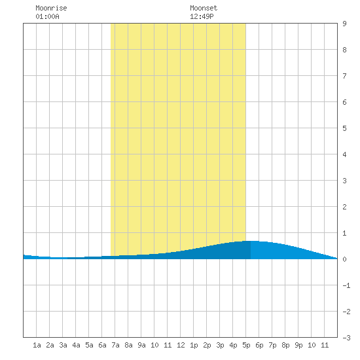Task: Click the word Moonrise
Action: pyautogui.click(x=51, y=8)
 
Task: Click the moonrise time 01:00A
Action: pyautogui.click(x=47, y=16)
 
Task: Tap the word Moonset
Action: pyautogui.click(x=204, y=8)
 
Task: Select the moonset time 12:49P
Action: pyautogui.click(x=202, y=16)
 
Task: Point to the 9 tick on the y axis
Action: pyautogui.click(x=344, y=24)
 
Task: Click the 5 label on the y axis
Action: pyautogui.click(x=344, y=128)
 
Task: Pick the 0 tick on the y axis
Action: pyautogui.click(x=344, y=259)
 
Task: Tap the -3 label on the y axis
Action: pyautogui.click(x=346, y=338)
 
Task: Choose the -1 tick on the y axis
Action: pyautogui.click(x=346, y=285)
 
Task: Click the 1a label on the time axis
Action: pyautogui.click(x=37, y=345)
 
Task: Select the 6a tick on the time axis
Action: pyautogui.click(x=102, y=345)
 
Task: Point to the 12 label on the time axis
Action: pyautogui.click(x=181, y=345)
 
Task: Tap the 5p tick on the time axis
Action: pyautogui.click(x=246, y=345)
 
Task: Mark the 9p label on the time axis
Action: pyautogui.click(x=298, y=345)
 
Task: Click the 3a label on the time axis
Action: pyautogui.click(x=63, y=345)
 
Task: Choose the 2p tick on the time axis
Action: pyautogui.click(x=207, y=345)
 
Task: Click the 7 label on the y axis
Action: pyautogui.click(x=344, y=76)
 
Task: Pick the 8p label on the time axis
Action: pyautogui.click(x=285, y=345)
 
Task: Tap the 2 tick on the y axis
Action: pyautogui.click(x=344, y=207)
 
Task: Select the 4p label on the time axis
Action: pyautogui.click(x=233, y=345)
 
